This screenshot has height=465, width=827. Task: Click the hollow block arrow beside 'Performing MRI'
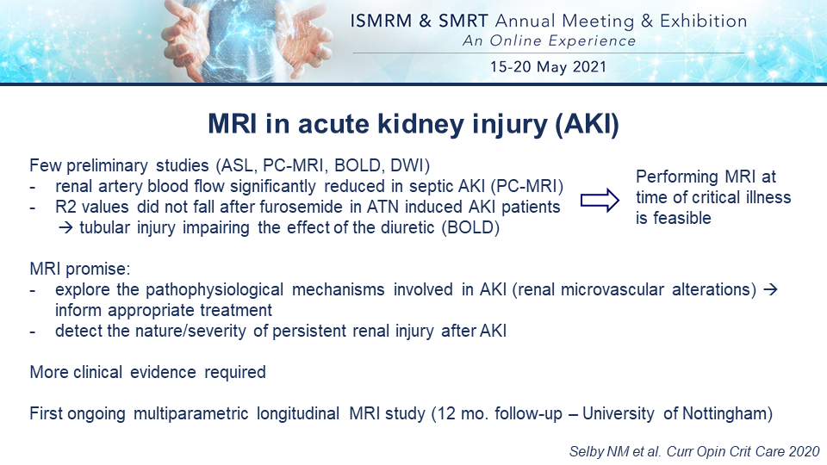coord(600,201)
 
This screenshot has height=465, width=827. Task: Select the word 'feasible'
coord(682,218)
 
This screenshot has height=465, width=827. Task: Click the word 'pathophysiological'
coord(215,290)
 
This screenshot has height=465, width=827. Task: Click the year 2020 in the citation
coord(804,452)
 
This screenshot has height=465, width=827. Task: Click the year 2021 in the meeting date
coord(589,67)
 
